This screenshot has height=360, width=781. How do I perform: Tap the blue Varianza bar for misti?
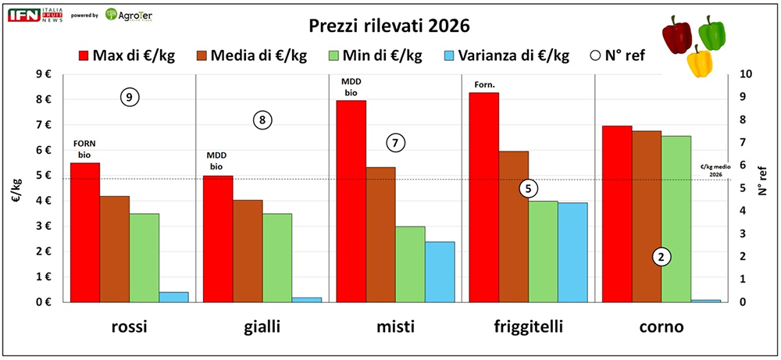tap(440, 271)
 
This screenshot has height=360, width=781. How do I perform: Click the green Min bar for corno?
tap(676, 219)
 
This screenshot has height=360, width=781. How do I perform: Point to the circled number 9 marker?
tap(130, 97)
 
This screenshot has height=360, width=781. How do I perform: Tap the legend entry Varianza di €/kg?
tap(503, 56)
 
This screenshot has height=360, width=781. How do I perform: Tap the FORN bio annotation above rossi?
tap(84, 148)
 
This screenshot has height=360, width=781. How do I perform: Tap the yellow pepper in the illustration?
tap(700, 60)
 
